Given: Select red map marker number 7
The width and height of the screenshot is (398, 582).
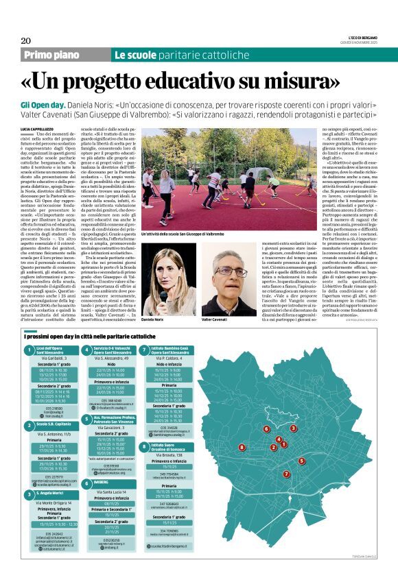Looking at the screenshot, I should click(x=286, y=473).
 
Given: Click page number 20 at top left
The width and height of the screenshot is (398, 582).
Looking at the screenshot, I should click(x=25, y=40).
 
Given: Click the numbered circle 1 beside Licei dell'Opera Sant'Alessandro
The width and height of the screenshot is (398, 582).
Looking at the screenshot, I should click(x=28, y=351).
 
